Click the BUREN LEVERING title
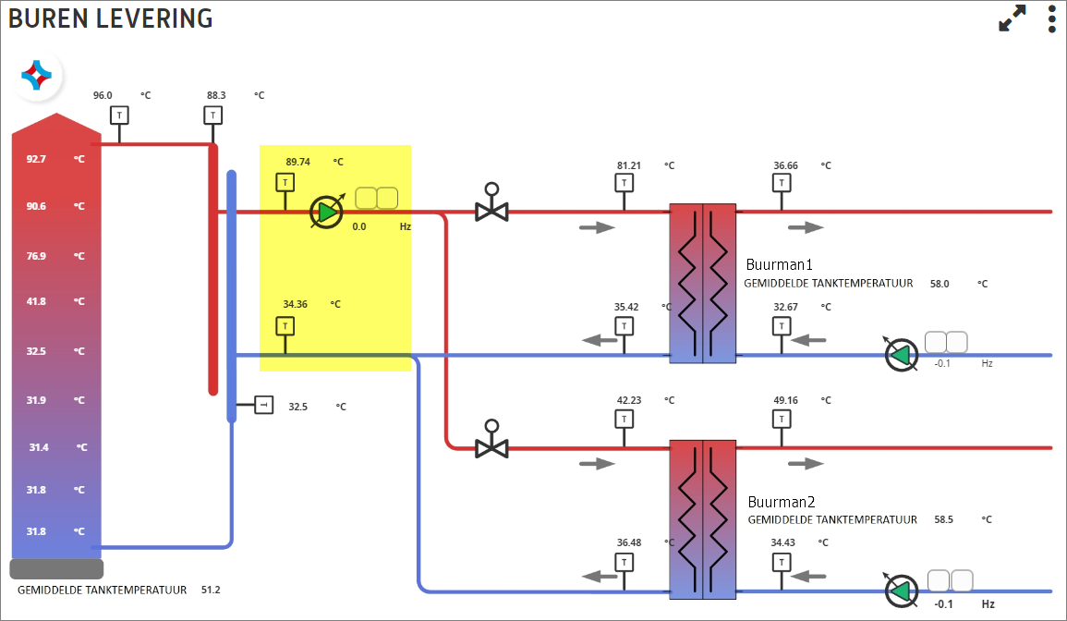point(110,18)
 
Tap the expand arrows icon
point(1012,18)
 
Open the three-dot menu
point(1052,18)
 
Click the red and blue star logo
point(37,75)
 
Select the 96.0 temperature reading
point(103,95)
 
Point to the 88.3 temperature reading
point(216,95)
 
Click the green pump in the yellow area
point(327,213)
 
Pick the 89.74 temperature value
point(298,162)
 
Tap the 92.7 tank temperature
point(36,159)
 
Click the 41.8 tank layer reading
point(36,301)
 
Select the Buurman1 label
point(779,264)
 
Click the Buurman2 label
point(782,502)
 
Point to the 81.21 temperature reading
point(629,165)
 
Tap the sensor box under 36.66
point(782,182)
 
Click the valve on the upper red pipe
point(491,203)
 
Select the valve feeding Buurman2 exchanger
point(491,440)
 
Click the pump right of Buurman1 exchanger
point(901,355)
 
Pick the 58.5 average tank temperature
point(944,519)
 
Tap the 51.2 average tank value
point(211,590)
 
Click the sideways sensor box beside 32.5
point(264,405)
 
